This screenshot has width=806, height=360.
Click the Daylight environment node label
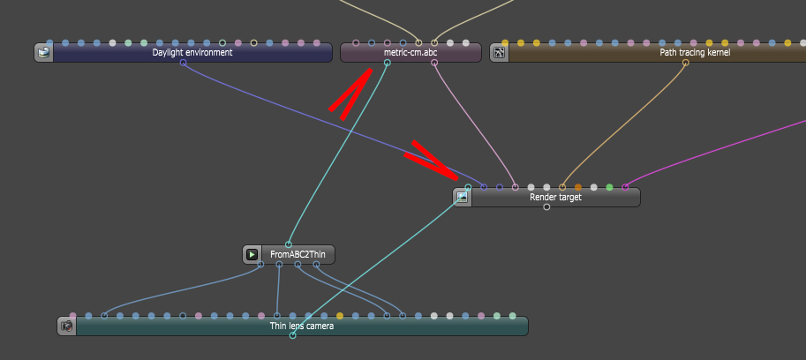[x=192, y=53]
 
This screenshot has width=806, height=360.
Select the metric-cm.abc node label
[x=411, y=53]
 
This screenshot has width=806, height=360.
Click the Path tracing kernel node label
[x=695, y=53]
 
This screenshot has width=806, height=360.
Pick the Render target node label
[x=555, y=197]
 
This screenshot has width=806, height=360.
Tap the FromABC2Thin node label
[x=298, y=255]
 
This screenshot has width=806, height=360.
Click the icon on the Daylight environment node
[x=43, y=53]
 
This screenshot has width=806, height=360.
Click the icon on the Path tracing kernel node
[x=500, y=53]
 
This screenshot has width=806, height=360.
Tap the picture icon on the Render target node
[x=462, y=197]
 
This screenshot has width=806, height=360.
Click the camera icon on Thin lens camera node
[x=67, y=326]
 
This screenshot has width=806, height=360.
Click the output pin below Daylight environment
[x=183, y=64]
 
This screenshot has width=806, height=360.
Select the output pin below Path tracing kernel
[x=685, y=64]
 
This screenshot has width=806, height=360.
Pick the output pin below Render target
[x=546, y=207]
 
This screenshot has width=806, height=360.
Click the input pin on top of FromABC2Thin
[x=288, y=244]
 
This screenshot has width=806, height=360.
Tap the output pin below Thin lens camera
[x=292, y=335]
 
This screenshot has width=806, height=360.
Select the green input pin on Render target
[x=609, y=187]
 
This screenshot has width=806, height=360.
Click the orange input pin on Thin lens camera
[x=340, y=316]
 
